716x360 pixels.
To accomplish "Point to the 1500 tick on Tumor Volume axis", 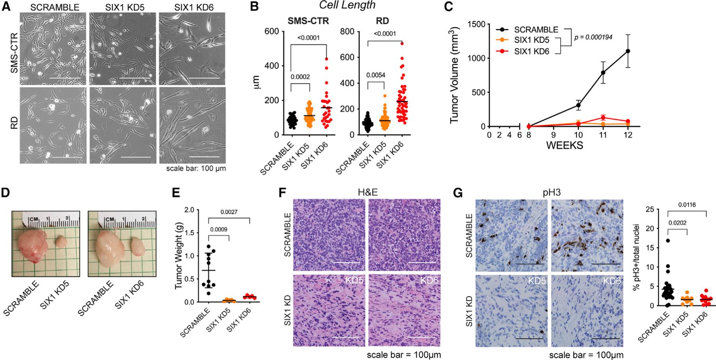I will click(x=476, y=24).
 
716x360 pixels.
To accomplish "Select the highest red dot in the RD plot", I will click(x=402, y=43).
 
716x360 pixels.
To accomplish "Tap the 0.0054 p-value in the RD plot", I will click(x=376, y=75).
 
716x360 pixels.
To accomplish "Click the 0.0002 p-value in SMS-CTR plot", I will click(x=300, y=76).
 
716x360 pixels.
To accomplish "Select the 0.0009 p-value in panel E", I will click(x=219, y=229).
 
